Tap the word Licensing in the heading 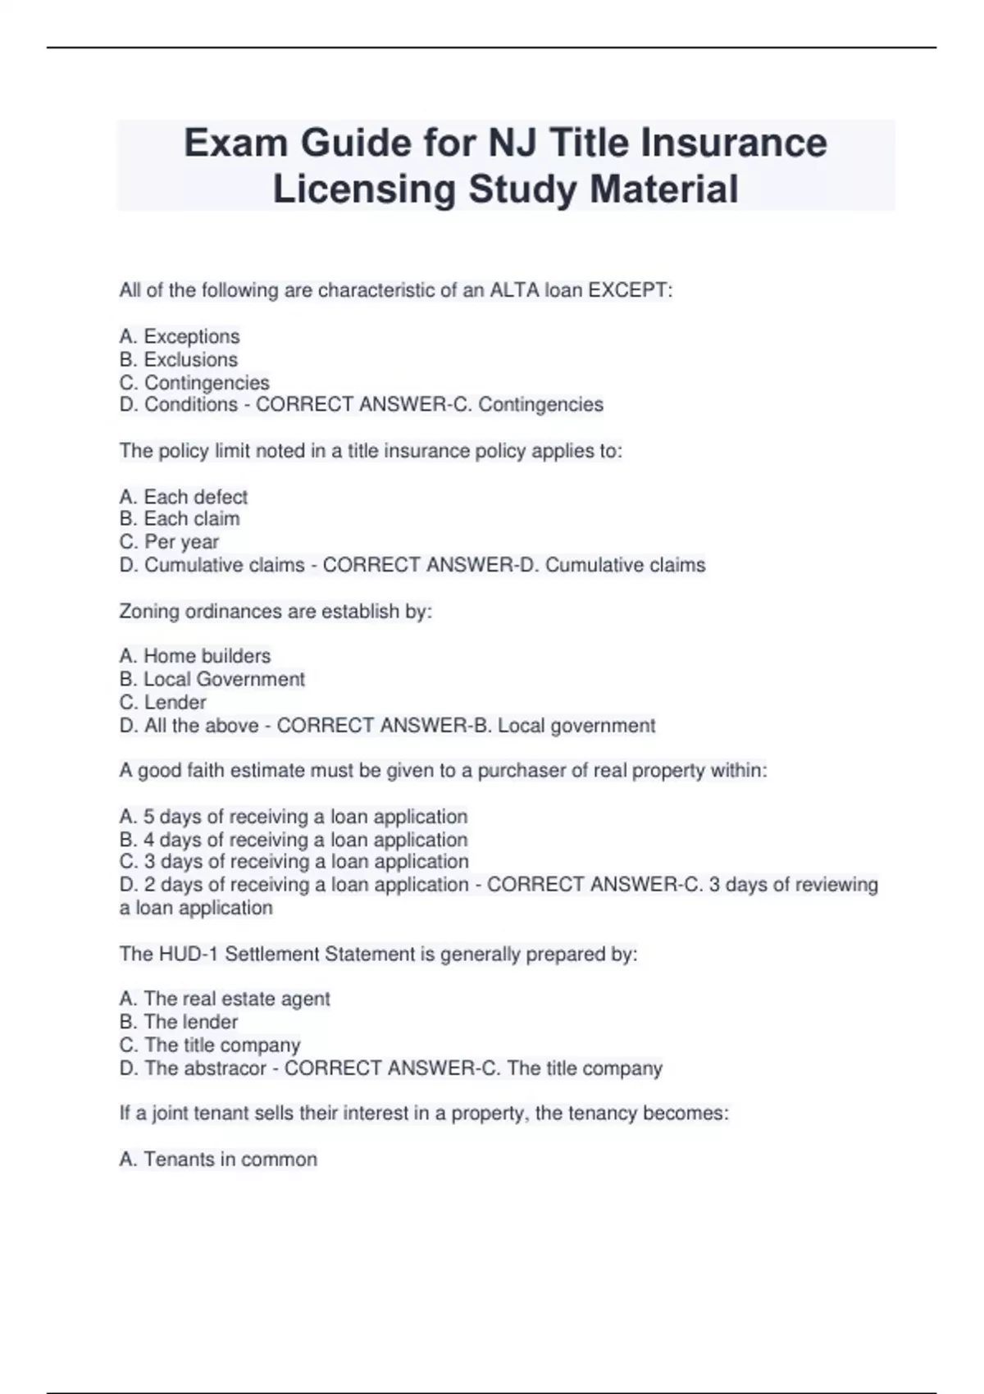pos(364,189)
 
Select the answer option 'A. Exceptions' pos(180,336)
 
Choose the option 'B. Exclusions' pos(179,359)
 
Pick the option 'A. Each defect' pos(183,497)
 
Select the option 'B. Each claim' pos(180,519)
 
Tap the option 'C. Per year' pos(169,542)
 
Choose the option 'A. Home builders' pos(194,656)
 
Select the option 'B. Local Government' pos(212,679)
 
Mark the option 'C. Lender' pos(162,702)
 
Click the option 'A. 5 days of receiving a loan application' pos(293,817)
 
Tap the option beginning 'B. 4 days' pos(293,840)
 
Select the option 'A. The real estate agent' pos(224,999)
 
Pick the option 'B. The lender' pos(178,1022)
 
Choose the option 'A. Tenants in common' pos(217,1159)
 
